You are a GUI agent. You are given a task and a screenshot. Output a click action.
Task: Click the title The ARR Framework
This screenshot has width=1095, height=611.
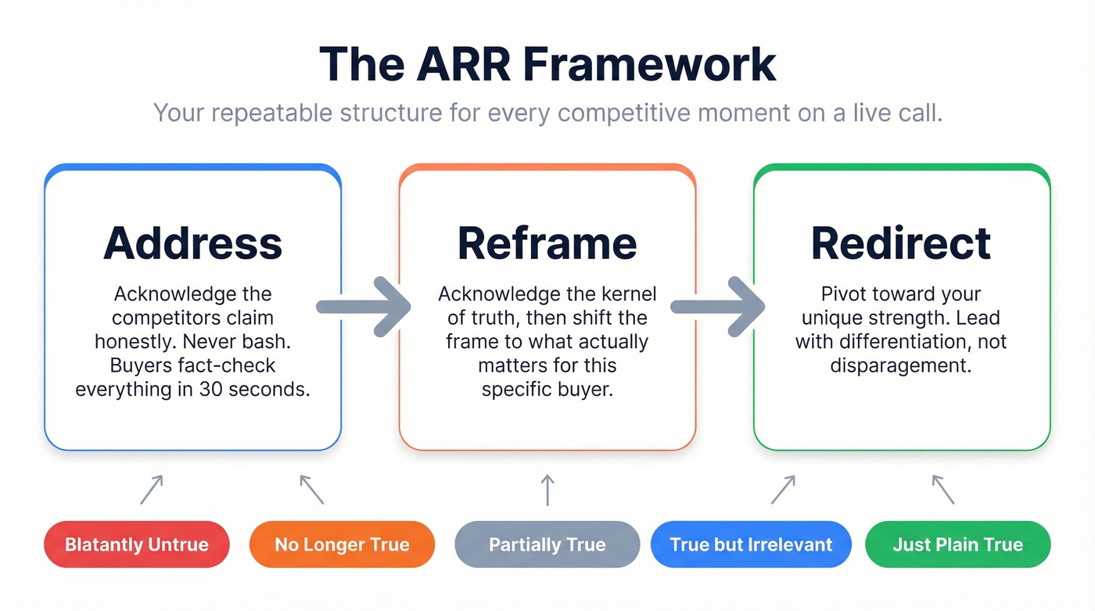(547, 64)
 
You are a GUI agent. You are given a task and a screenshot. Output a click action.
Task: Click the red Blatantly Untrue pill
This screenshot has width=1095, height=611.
(137, 545)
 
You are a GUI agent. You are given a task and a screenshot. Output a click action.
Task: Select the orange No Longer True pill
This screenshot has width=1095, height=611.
(342, 545)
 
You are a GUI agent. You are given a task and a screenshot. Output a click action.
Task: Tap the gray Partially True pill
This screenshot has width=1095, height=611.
(547, 545)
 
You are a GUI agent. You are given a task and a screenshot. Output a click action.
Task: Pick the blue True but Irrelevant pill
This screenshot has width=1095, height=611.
(751, 545)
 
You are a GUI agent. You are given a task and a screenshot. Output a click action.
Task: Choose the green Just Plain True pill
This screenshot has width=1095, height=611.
(957, 545)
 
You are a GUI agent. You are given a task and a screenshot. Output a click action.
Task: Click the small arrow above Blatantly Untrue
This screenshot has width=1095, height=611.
(152, 489)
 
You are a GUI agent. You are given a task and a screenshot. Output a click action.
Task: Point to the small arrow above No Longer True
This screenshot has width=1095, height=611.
(311, 489)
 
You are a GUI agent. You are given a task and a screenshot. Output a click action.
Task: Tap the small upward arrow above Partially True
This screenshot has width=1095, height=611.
(547, 489)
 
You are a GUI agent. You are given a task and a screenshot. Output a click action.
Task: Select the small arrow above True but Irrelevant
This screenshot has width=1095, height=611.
(783, 489)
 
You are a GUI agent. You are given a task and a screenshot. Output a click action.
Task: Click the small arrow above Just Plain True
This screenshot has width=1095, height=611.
(943, 489)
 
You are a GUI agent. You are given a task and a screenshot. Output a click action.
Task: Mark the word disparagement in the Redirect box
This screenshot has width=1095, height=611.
(901, 365)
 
